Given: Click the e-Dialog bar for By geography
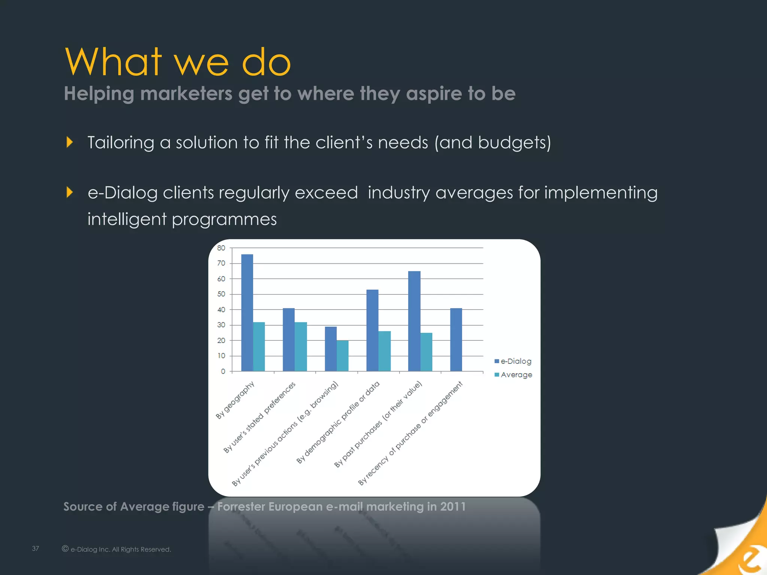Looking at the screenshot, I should [247, 313].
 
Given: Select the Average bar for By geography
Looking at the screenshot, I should [259, 347].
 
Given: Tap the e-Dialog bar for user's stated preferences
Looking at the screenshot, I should [289, 340].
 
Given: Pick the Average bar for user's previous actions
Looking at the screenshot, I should [343, 356].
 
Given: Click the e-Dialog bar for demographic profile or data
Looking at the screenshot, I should [372, 330].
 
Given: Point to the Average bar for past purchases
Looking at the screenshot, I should [426, 352].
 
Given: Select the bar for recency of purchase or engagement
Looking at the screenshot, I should [456, 340].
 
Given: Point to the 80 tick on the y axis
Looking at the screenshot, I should [221, 248].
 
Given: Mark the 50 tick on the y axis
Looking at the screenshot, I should [221, 294].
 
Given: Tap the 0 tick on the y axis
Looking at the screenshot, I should [223, 371].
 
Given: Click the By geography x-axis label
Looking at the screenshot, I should [235, 400].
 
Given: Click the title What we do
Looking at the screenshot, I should [178, 62].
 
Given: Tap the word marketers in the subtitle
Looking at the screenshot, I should [186, 93].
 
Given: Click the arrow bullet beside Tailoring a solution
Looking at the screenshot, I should [70, 142].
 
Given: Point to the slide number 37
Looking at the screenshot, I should [36, 548].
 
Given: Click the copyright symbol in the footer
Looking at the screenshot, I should [65, 549].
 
